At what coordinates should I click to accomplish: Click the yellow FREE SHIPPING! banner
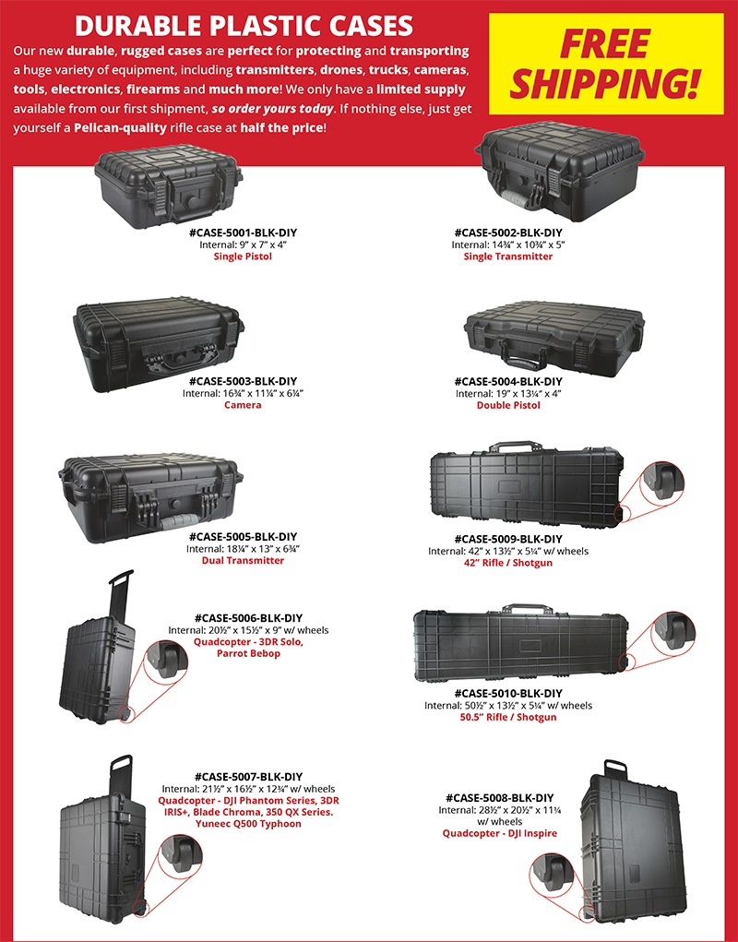(x=606, y=64)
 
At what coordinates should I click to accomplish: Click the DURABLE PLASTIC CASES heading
(x=244, y=26)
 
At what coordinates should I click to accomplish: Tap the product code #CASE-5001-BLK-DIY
(x=244, y=233)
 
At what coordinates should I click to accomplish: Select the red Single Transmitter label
(x=508, y=256)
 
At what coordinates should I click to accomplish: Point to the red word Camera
(x=243, y=405)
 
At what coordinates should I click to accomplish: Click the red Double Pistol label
(x=508, y=406)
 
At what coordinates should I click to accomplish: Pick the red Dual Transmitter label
(x=243, y=561)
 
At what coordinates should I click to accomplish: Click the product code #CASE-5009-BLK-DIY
(x=508, y=539)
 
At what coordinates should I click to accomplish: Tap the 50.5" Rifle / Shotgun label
(x=508, y=717)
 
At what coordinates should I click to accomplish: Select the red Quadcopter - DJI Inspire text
(x=500, y=833)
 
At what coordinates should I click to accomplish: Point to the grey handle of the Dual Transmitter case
(x=180, y=521)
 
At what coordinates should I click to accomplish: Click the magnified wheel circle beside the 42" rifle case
(x=661, y=481)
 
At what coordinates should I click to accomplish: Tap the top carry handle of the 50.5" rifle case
(x=528, y=609)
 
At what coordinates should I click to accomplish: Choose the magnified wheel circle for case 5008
(x=553, y=872)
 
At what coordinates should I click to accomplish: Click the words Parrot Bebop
(x=248, y=653)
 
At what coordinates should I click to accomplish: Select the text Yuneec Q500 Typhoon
(x=248, y=824)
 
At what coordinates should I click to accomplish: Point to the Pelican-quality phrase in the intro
(x=120, y=128)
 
